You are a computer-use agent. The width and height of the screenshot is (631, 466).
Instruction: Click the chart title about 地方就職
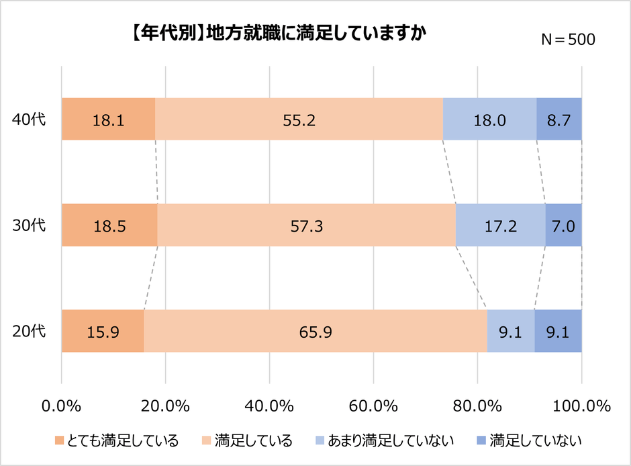[276, 34]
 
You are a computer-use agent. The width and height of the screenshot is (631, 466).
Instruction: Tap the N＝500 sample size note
[568, 40]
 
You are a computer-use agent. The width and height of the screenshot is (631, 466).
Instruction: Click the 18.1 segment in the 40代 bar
[108, 120]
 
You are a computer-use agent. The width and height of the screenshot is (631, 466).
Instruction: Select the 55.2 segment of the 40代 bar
[299, 120]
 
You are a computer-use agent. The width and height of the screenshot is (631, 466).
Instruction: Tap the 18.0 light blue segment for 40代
[489, 120]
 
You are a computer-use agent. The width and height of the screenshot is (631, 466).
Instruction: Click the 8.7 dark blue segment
[559, 120]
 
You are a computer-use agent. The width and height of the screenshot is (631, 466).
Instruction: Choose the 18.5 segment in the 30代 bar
[109, 225]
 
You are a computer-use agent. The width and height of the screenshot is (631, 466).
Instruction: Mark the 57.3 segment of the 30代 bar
[307, 225]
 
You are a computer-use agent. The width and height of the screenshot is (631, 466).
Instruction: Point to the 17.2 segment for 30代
[500, 225]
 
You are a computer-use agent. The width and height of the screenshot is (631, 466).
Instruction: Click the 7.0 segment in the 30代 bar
[563, 225]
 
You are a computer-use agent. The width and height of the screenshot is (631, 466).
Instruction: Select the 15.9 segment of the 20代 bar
[103, 331]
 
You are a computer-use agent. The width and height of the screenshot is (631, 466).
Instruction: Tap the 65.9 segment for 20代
[315, 331]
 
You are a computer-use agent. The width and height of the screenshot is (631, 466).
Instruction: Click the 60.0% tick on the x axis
[373, 406]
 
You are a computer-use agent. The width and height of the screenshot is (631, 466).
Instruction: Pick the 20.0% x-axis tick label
[165, 406]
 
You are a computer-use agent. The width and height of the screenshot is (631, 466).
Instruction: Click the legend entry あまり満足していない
[385, 441]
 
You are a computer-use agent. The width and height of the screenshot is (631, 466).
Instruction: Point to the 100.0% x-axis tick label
[581, 406]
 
